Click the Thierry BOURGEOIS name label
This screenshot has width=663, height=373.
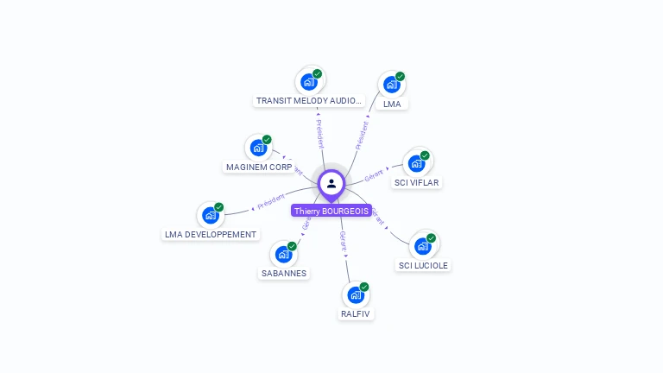pos(331,211)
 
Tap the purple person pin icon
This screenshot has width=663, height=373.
pos(331,184)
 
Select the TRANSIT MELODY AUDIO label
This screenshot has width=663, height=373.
pos(309,101)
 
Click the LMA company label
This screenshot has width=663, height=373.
pos(392,104)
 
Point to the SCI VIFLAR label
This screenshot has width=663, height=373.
pos(417,182)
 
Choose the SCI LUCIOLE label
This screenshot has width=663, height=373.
pos(423,265)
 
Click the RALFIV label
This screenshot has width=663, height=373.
pos(356,313)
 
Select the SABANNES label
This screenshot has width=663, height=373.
pos(284,273)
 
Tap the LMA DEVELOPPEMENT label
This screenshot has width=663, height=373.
pos(211,234)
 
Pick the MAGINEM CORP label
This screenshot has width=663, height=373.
pos(259,167)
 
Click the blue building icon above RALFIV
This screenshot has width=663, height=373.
pos(355,295)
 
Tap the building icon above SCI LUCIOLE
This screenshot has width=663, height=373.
pos(422,246)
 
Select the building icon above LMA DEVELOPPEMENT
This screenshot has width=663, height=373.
pos(210,216)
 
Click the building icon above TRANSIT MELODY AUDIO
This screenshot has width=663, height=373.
pos(308,82)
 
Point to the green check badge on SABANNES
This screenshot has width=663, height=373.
pos(292,246)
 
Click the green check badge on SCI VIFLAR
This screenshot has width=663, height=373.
pos(425,155)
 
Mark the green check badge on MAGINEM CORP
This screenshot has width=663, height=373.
pos(267,139)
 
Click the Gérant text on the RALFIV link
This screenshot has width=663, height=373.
pos(344,240)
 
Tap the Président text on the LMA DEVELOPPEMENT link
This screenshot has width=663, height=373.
pos(271,202)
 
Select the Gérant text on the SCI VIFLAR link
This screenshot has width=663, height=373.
pos(374,174)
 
